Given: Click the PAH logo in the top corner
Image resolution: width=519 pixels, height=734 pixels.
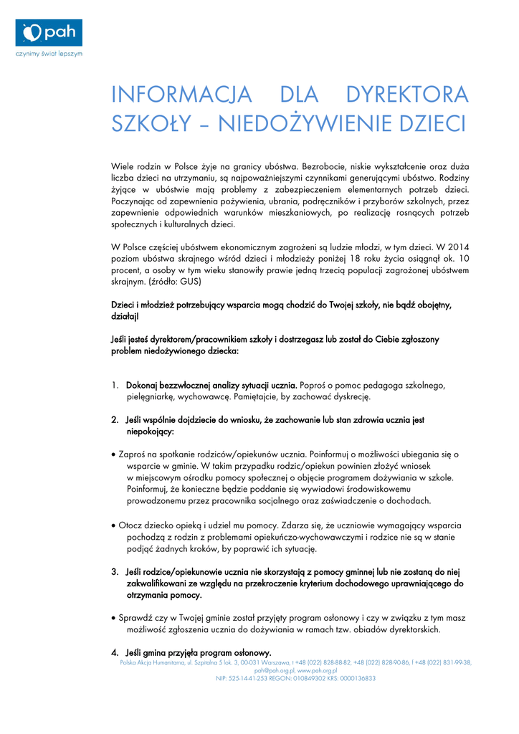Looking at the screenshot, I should pos(49,33).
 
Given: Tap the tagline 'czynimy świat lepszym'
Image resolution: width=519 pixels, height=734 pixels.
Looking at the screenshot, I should pos(49,54).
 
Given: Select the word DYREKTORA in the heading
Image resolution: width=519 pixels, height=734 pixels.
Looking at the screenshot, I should pos(406,95).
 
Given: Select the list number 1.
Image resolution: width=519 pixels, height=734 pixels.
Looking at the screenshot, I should pos(115,385).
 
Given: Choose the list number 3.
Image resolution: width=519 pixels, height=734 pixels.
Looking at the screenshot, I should pos(115,571).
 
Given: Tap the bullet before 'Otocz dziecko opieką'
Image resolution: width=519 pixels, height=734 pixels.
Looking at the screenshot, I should pos(114,525).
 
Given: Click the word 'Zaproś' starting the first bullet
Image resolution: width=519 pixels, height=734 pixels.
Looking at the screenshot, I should pos(135,454).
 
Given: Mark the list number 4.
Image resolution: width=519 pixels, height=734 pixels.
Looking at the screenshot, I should pos(115,652).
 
